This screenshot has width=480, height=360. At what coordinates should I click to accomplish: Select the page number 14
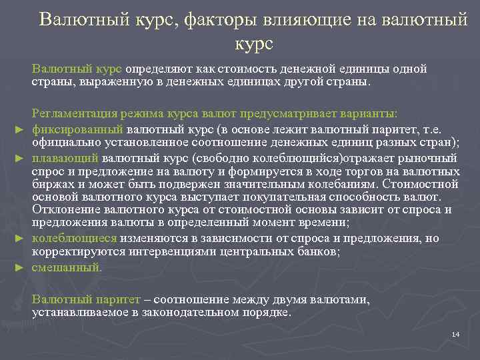tap(455, 333)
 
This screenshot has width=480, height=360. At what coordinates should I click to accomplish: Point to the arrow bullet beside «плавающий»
tap(19, 159)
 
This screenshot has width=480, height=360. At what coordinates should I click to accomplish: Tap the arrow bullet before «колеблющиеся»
tap(19, 237)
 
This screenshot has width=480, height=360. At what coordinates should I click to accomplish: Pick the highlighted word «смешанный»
tap(67, 267)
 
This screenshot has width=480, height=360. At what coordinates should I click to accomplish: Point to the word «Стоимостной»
tap(421, 184)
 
